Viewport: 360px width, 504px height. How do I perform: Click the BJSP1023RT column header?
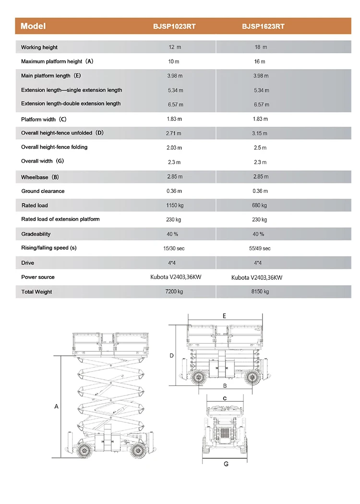point(174,26)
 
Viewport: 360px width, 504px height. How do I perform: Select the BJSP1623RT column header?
point(263,26)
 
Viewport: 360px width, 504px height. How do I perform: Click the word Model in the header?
point(33,26)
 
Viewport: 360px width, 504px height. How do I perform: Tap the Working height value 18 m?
point(261,47)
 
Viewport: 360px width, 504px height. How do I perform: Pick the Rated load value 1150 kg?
point(174,205)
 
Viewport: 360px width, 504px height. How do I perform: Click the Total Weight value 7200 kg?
point(174,291)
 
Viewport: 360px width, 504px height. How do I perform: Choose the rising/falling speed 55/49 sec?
point(260,248)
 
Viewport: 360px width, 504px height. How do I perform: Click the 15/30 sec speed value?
point(174,248)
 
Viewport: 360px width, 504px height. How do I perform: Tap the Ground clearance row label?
point(43,191)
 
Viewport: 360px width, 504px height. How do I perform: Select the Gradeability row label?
point(36,234)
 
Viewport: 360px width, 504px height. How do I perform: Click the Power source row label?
point(38,277)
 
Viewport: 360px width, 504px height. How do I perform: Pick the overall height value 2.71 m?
point(174,133)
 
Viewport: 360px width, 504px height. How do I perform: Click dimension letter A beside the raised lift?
point(56,407)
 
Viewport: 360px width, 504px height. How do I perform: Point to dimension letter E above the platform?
point(224,316)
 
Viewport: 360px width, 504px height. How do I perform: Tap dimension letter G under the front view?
point(226,464)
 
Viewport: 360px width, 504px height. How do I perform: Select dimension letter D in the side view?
point(171,356)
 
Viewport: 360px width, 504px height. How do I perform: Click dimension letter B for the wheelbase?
point(224,385)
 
